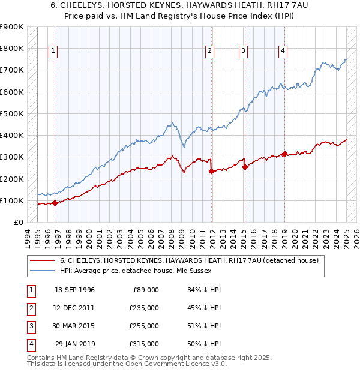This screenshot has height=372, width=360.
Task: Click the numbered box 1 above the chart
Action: (53, 51)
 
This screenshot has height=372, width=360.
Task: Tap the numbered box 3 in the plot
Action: (244, 51)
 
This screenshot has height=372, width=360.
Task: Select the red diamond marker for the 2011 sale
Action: (211, 171)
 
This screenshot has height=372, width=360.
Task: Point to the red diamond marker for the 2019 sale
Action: (284, 154)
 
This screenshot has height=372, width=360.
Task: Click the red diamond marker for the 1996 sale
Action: (55, 203)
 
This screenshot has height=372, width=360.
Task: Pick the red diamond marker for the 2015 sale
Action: (245, 167)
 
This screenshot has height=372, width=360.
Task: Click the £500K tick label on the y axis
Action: (12, 113)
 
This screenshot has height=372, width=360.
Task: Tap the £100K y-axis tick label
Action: (12, 200)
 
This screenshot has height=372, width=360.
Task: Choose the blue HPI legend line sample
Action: (43, 271)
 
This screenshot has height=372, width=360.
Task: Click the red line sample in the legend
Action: (43, 260)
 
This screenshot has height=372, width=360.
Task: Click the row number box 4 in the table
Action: (30, 344)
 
